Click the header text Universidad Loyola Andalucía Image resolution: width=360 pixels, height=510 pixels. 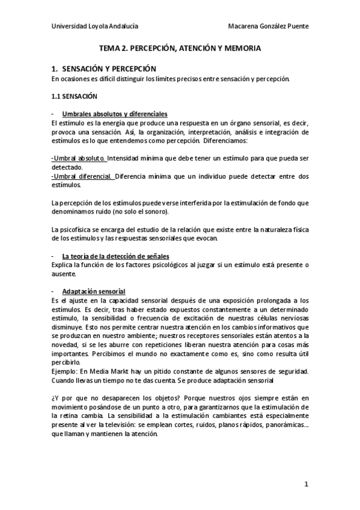95,26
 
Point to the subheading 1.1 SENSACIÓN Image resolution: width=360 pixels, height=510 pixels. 75,96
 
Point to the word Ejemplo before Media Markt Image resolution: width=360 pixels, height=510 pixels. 66,371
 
